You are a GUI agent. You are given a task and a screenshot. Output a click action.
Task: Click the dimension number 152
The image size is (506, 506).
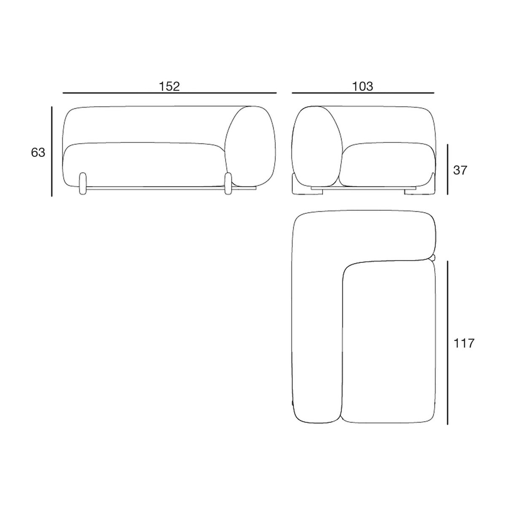170,86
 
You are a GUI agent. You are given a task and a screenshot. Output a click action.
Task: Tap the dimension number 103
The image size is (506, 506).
362,86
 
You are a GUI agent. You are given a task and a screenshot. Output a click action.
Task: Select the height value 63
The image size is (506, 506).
38,153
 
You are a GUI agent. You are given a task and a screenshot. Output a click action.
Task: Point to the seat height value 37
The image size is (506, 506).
460,170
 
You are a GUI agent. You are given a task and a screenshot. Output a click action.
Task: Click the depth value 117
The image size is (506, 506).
464,343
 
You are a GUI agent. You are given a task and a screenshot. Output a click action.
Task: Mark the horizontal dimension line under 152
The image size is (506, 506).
170,93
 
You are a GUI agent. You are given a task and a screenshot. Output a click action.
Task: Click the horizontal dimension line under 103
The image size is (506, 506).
363,93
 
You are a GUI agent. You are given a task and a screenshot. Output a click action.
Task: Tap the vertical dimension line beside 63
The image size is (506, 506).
52,151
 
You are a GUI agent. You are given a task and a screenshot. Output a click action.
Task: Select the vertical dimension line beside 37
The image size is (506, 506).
447,170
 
